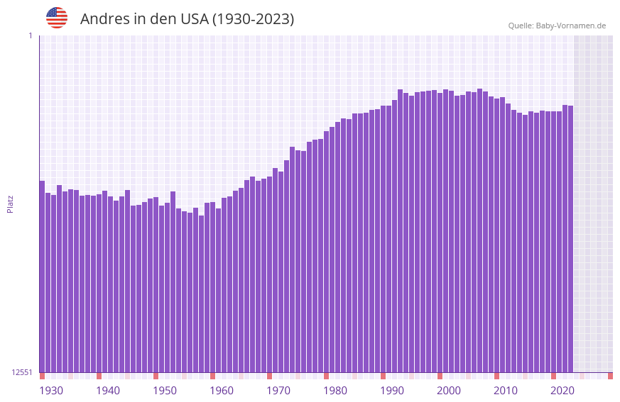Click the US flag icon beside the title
click(57, 18)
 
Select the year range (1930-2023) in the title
click(253, 19)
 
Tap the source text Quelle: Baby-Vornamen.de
click(557, 26)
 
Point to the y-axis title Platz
click(10, 203)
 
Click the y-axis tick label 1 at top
click(31, 35)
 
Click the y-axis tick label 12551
click(22, 372)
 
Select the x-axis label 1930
click(51, 391)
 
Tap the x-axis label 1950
click(165, 391)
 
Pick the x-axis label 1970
click(278, 391)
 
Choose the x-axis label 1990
click(392, 391)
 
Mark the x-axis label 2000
click(449, 391)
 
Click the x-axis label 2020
click(562, 391)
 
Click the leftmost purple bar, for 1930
click(42, 276)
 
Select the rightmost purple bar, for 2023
click(570, 238)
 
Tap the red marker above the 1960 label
click(212, 376)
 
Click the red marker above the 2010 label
click(496, 376)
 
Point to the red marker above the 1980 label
click(326, 376)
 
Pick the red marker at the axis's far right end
click(610, 376)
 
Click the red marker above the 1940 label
click(99, 376)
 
